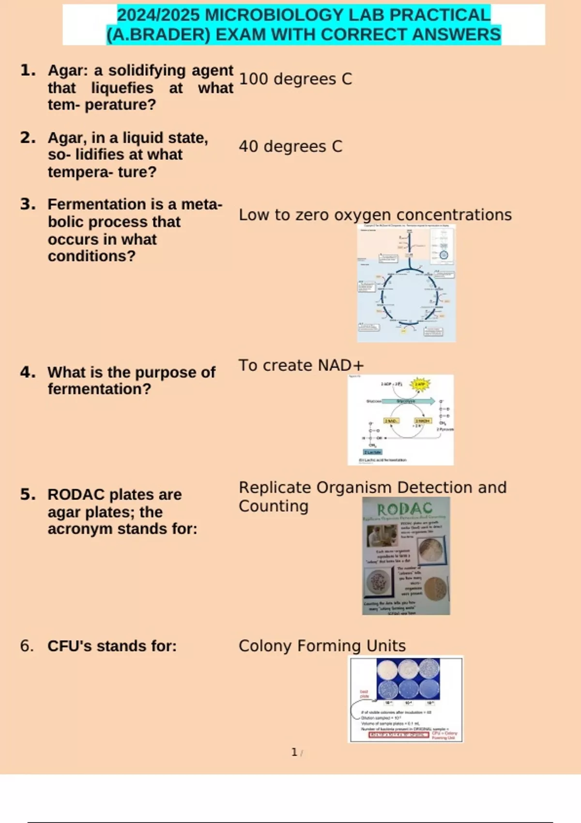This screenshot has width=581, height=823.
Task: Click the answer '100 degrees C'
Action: click(x=295, y=79)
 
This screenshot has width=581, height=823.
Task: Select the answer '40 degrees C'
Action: click(x=290, y=146)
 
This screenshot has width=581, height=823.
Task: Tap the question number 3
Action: click(x=28, y=204)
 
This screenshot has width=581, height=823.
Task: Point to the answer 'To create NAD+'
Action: click(x=301, y=366)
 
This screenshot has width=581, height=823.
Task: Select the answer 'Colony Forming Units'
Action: click(x=322, y=646)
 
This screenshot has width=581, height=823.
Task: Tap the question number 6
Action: click(x=27, y=646)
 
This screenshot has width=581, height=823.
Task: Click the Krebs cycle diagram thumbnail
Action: click(x=406, y=283)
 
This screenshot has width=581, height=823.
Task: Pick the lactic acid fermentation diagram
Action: click(x=400, y=420)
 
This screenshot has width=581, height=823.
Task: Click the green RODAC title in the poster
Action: click(x=405, y=509)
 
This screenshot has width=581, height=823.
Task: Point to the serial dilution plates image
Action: click(x=406, y=699)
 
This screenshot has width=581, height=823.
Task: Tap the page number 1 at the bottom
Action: click(x=294, y=752)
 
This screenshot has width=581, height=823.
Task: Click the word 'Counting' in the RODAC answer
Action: click(x=274, y=506)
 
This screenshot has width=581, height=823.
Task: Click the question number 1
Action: click(x=28, y=71)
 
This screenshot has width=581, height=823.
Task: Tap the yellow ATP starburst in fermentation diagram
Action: click(x=419, y=385)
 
